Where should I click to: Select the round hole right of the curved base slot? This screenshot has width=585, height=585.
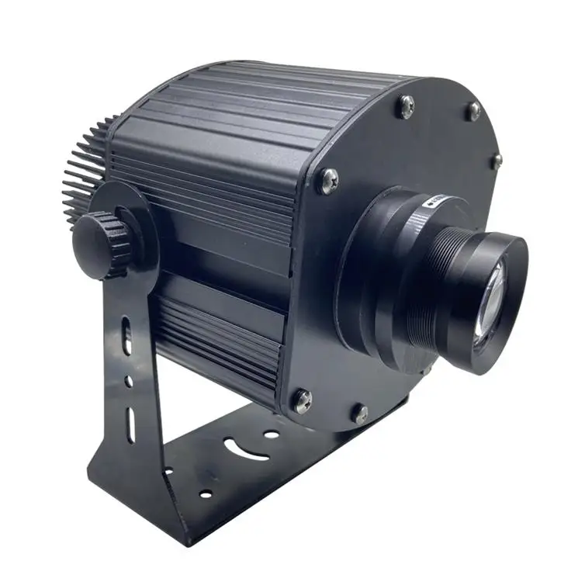[x=271, y=434]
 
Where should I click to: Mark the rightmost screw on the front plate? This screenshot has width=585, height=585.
[x=496, y=160]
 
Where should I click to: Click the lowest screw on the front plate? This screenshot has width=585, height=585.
[x=359, y=414]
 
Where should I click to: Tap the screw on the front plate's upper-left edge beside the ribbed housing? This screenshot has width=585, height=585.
[x=327, y=182]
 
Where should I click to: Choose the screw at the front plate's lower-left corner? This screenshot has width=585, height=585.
[x=301, y=401]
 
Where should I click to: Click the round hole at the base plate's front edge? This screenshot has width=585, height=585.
[x=206, y=493]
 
